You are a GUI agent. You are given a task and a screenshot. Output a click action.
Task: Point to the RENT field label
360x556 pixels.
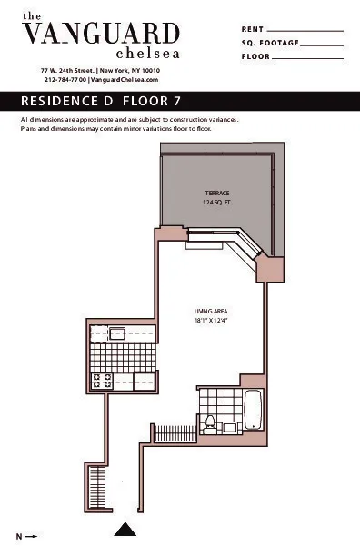point(253,30)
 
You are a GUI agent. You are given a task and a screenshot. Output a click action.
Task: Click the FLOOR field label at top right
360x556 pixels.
point(256,56)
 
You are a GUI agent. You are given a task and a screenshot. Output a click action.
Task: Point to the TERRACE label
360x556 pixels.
point(216,194)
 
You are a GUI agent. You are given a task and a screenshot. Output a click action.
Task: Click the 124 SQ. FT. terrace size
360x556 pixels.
point(216,203)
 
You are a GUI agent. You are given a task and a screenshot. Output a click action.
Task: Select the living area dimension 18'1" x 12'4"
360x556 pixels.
point(209,321)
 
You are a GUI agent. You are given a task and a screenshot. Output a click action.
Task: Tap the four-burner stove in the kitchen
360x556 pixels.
point(102,382)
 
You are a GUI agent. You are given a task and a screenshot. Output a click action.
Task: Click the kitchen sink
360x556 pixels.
point(118,333)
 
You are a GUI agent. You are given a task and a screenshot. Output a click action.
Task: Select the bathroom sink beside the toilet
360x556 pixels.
point(230,425)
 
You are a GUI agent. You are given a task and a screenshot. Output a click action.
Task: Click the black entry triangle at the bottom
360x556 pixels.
point(126,529)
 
